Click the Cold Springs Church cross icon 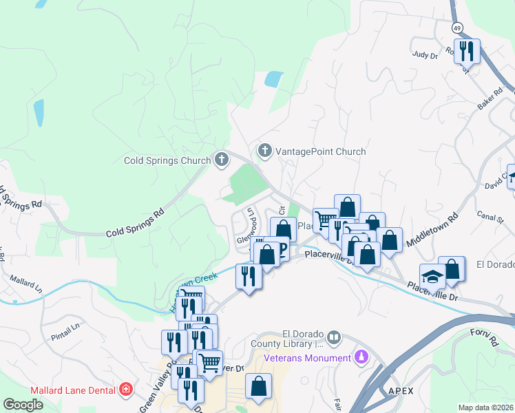point(221,160)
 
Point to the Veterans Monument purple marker point(360,357)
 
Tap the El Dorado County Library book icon point(334,337)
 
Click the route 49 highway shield point(457,28)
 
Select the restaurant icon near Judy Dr point(467,52)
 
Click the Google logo point(23,405)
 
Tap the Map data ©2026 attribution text point(485,407)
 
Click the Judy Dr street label point(425,54)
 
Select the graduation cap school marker point(432,277)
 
